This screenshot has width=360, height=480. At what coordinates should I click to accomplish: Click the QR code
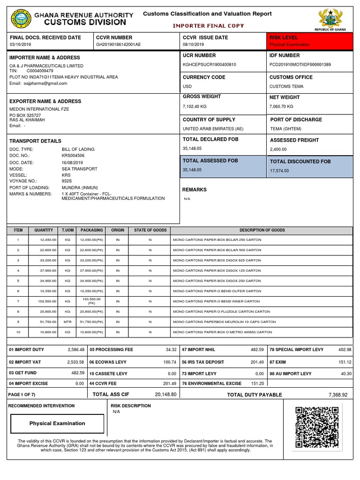[317, 427]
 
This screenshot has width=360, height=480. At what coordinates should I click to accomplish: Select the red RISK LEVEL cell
[310, 41]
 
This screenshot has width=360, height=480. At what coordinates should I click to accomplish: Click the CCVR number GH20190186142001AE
[118, 45]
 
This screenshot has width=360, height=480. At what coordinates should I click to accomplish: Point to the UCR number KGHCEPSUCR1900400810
[210, 64]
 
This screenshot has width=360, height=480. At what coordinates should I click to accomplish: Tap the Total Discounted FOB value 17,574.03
[279, 171]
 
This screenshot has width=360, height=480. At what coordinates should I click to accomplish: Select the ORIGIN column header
[118, 230]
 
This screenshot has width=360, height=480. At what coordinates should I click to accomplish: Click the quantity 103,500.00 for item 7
[44, 301]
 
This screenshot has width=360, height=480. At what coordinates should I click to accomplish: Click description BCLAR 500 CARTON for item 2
[217, 250]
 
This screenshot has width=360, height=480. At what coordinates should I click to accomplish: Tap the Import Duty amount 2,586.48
[75, 350]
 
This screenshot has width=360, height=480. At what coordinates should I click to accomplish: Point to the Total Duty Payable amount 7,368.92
[337, 395]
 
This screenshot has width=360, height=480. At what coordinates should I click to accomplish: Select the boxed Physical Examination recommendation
[57, 423]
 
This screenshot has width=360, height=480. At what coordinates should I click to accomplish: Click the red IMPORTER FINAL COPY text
[209, 26]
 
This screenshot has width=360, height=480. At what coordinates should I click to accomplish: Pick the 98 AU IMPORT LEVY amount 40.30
[345, 374]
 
